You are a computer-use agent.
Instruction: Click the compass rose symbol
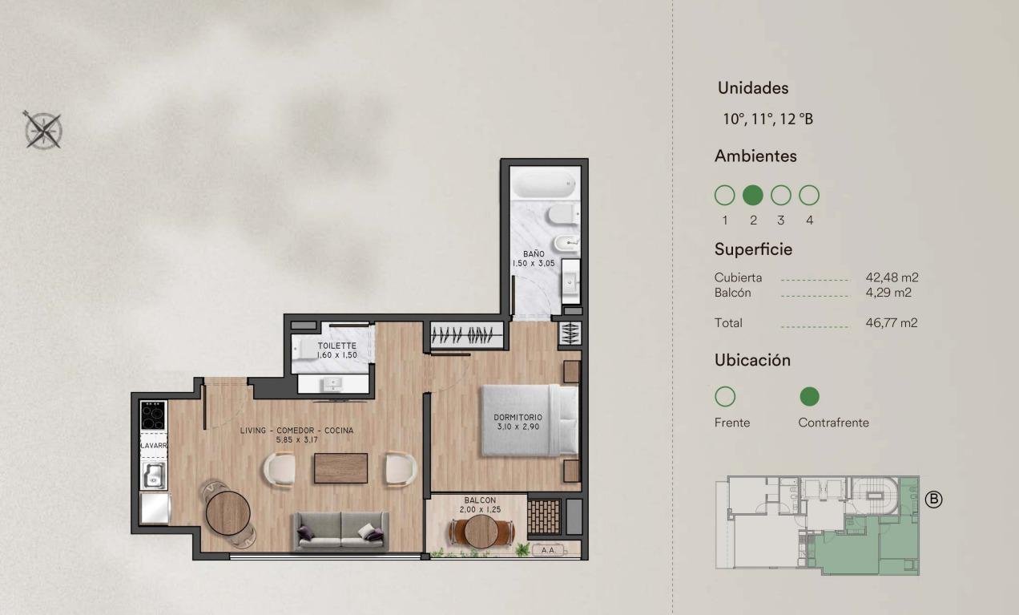(x=42, y=130)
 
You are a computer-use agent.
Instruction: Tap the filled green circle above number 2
(x=752, y=196)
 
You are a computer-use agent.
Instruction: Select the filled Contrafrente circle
(x=809, y=396)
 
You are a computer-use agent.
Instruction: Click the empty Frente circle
(x=725, y=396)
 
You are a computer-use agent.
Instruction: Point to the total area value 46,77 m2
(x=891, y=323)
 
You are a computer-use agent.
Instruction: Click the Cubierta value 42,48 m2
(x=892, y=277)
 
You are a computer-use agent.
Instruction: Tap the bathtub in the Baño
(x=545, y=182)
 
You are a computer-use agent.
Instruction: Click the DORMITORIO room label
(x=518, y=417)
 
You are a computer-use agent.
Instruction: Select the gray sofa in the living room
(x=340, y=531)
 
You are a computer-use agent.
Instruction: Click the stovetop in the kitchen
(x=153, y=415)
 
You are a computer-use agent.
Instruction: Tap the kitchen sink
(x=153, y=475)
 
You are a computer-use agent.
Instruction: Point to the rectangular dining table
(x=340, y=468)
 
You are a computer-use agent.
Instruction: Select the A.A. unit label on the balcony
(x=549, y=550)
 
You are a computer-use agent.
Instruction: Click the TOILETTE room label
(x=337, y=346)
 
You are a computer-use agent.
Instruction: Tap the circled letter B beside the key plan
(x=933, y=500)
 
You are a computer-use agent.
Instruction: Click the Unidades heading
(x=753, y=88)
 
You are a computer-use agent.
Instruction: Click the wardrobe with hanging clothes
(x=467, y=335)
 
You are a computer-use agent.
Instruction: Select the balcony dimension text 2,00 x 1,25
(x=480, y=509)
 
